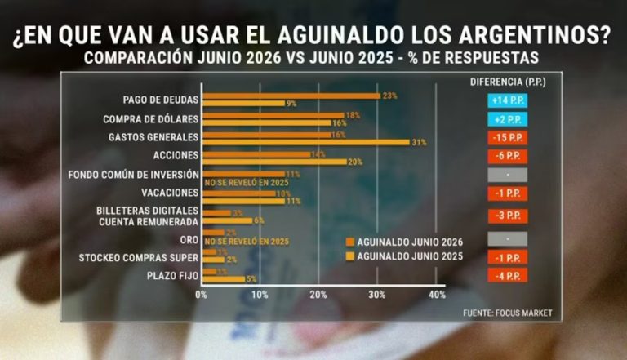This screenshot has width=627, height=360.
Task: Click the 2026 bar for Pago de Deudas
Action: tap(291, 96)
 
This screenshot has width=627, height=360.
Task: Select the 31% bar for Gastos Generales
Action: tap(306, 142)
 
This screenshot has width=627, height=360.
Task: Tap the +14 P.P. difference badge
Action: tap(508, 100)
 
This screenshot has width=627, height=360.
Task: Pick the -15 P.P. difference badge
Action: tap(508, 138)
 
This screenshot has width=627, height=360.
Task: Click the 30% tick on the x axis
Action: tap(376, 295)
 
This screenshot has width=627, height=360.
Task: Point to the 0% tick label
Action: tap(201, 295)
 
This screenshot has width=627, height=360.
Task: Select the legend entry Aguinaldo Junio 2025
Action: tap(404, 256)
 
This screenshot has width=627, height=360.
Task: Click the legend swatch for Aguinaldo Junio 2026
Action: tap(350, 242)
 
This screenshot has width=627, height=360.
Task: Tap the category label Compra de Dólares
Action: tap(151, 119)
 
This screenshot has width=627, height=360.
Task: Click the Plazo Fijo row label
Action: tap(173, 276)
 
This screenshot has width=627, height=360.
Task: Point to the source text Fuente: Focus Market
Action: tap(508, 313)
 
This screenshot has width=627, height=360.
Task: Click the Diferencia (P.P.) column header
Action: tap(508, 82)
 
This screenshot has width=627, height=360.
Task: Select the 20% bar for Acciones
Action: tap(274, 162)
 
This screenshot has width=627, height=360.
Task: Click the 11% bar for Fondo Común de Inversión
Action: tap(243, 175)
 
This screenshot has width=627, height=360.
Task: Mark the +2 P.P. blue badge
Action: tap(508, 119)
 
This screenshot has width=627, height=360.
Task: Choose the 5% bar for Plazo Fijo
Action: tap(224, 279)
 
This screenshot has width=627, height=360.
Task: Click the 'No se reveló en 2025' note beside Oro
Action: tap(247, 241)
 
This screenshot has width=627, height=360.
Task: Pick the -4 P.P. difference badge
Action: tap(508, 276)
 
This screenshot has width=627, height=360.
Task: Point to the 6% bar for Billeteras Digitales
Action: tap(228, 220)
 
